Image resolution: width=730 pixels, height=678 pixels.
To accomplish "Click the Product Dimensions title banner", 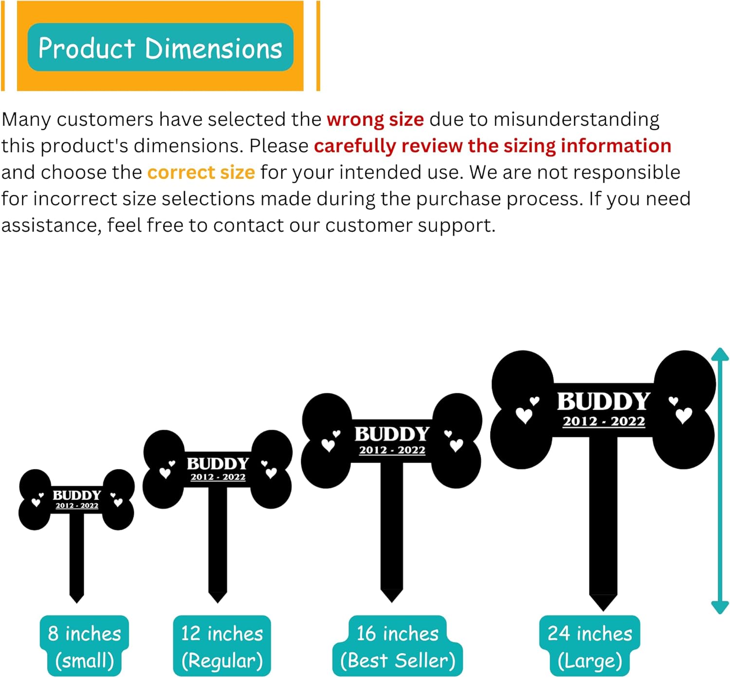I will [x=160, y=48].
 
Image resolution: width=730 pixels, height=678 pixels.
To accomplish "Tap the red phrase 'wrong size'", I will [x=375, y=120].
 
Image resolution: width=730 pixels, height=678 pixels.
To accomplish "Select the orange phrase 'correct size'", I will [x=201, y=173].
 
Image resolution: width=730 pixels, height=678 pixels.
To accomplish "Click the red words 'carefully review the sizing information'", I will [x=493, y=146].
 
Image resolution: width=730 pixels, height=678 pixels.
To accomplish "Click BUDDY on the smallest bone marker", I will [x=77, y=495].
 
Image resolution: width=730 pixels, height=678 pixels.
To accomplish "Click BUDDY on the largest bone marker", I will [x=603, y=402].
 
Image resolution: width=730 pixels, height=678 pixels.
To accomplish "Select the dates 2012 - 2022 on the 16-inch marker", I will [x=392, y=450].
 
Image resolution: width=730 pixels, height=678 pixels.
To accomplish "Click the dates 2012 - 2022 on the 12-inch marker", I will [x=218, y=477].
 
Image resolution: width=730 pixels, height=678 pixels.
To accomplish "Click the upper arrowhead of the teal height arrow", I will [x=720, y=354].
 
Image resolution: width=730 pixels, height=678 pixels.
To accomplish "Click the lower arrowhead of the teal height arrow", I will [x=720, y=608].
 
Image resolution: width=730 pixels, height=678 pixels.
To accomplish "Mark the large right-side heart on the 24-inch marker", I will [x=684, y=416].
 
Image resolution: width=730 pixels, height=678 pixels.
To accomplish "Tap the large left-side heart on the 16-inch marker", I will [x=328, y=445].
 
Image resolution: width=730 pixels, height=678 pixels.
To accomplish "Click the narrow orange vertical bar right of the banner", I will [x=318, y=46].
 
